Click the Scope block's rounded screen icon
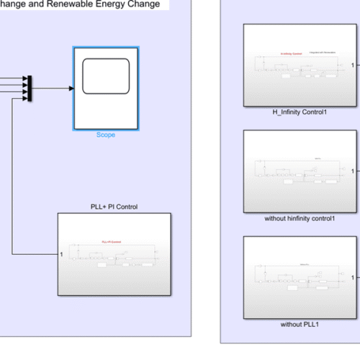106,76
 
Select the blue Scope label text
106,135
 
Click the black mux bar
30,88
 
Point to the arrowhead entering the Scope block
71,89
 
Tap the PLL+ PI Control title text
114,207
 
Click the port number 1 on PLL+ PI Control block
63,253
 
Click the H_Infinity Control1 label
295,112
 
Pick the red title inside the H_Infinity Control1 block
290,53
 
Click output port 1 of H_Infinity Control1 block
352,65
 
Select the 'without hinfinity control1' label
295,217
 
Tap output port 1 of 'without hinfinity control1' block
352,171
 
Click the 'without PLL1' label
295,324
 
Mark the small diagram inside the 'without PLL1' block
295,277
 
